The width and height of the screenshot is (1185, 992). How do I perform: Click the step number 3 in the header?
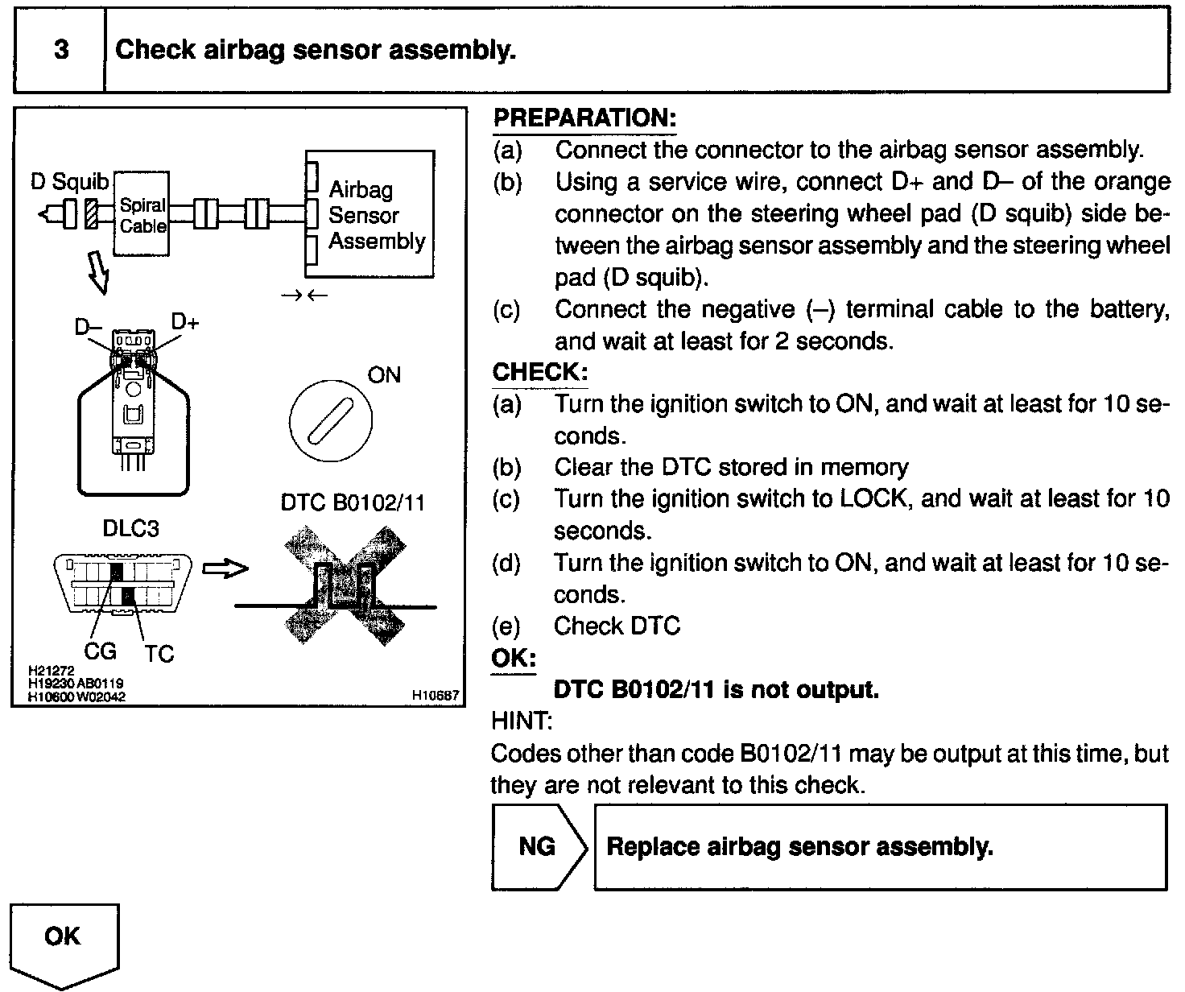click(60, 50)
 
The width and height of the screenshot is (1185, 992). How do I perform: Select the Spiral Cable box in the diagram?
click(142, 214)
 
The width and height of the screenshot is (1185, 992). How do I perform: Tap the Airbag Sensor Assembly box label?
click(376, 215)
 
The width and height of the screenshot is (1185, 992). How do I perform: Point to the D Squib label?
click(69, 181)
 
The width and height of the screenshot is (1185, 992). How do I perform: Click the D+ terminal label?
click(185, 322)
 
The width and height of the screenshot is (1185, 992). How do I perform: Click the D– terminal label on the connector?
click(88, 327)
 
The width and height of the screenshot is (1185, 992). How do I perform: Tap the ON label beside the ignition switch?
click(384, 375)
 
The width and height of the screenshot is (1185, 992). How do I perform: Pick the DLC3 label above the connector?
click(131, 528)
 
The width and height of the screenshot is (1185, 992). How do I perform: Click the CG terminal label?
click(100, 651)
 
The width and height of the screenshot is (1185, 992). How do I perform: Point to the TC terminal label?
click(159, 654)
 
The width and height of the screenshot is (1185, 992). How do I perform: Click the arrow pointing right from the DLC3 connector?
click(225, 569)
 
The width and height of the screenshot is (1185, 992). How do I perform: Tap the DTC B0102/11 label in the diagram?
click(353, 502)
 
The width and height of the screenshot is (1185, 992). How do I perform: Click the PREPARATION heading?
click(584, 118)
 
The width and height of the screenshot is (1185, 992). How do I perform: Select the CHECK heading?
click(540, 373)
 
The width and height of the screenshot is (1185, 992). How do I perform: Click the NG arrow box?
click(538, 846)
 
